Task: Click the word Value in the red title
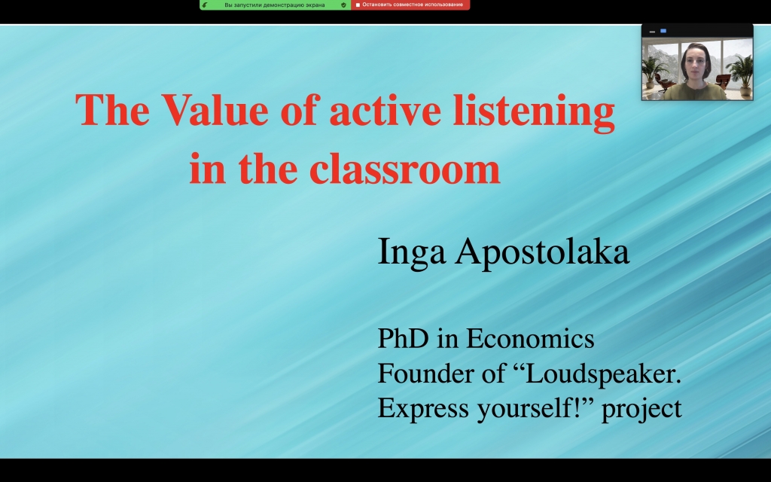[215, 110]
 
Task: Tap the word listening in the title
[534, 113]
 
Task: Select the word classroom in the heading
[404, 168]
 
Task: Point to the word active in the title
[385, 110]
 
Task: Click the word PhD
[403, 338]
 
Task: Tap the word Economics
[530, 338]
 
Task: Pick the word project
[641, 409]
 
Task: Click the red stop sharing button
[410, 5]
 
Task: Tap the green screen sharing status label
[274, 5]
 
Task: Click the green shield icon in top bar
[343, 5]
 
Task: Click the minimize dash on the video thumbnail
[653, 32]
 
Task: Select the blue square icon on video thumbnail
[663, 31]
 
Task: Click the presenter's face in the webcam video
[696, 64]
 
